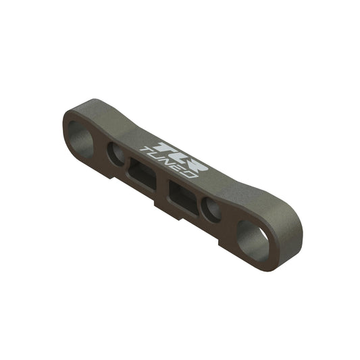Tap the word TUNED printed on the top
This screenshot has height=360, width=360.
pyautogui.click(x=168, y=163)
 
